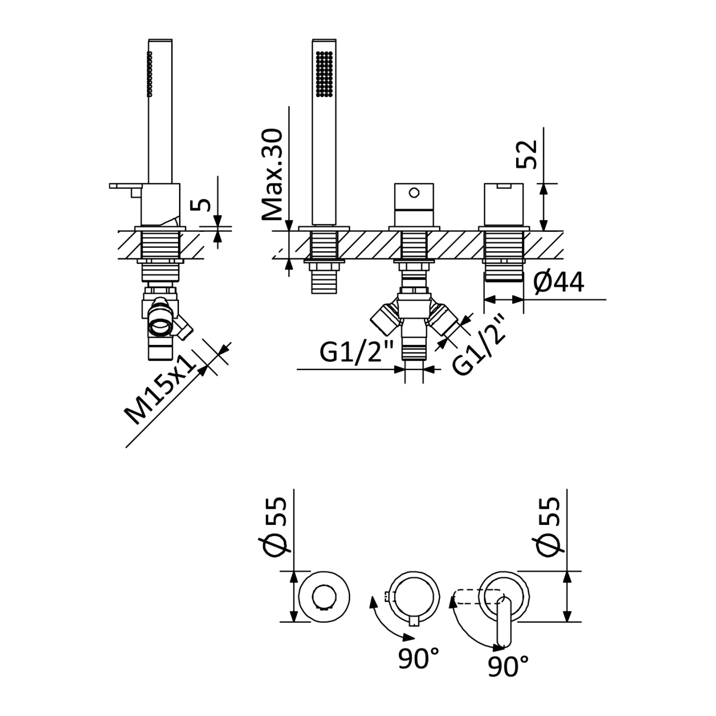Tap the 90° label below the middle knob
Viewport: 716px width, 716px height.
click(419, 658)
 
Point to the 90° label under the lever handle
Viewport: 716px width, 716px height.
click(508, 666)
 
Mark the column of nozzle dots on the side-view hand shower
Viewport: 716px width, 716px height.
click(149, 74)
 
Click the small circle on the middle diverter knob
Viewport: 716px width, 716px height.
click(414, 193)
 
